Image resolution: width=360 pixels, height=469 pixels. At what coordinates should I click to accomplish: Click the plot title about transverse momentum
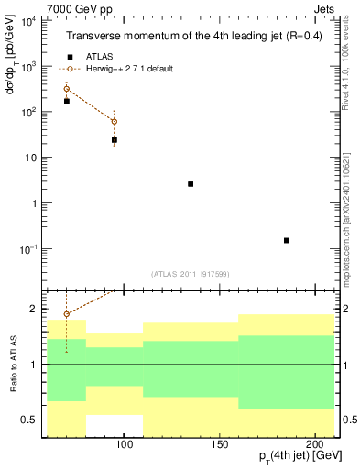point(192,37)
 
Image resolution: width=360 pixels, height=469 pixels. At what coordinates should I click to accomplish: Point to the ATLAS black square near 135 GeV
point(191,184)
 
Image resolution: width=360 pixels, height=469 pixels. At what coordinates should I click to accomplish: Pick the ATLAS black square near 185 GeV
point(287,240)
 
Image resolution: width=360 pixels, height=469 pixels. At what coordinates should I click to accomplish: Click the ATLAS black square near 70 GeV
point(66,101)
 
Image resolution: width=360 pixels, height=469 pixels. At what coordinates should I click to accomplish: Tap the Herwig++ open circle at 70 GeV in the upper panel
point(66,89)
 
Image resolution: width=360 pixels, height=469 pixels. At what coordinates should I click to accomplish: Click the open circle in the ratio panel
point(66,314)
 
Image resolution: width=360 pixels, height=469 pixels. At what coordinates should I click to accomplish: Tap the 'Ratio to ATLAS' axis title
point(13,365)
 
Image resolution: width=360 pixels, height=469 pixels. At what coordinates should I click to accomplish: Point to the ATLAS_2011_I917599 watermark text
point(191,274)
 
